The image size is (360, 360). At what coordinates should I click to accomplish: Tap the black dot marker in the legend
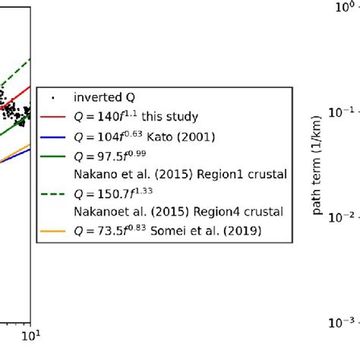pyautogui.click(x=55, y=97)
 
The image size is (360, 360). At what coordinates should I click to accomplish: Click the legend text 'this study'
pyautogui.click(x=172, y=117)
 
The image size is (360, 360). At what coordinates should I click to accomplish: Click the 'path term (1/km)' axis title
pyautogui.click(x=317, y=165)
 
